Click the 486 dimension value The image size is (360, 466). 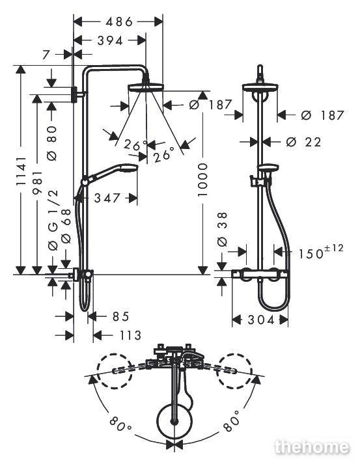click(119, 21)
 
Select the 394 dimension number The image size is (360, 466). click(110, 41)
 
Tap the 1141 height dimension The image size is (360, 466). click(21, 171)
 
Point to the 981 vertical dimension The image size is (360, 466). click(38, 182)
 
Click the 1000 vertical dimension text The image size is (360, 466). click(202, 180)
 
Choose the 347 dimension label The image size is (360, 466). click(107, 198)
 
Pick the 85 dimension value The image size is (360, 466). click(120, 316)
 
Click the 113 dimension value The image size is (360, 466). click(130, 336)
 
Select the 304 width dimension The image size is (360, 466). click(260, 320)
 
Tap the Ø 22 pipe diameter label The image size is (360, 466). click(303, 142)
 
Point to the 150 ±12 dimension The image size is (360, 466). click(320, 251)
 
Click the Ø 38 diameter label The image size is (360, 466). click(223, 229)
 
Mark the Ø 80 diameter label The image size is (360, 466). click(52, 143)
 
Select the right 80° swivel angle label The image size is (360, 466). click(231, 420)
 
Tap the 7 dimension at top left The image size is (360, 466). click(46, 55)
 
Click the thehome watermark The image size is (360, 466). click(312, 447)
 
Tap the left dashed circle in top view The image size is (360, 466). click(115, 371)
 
